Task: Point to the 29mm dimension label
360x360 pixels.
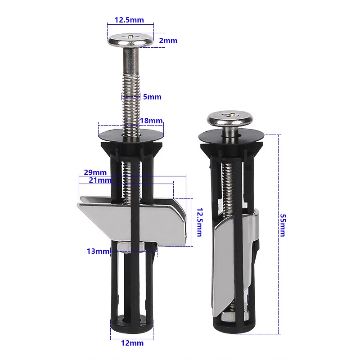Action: click(95, 172)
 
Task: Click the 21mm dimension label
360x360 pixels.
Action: click(100, 180)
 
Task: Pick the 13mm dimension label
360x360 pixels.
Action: click(98, 251)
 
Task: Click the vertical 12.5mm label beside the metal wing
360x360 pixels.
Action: click(198, 222)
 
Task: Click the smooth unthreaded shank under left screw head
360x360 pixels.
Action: click(130, 58)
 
